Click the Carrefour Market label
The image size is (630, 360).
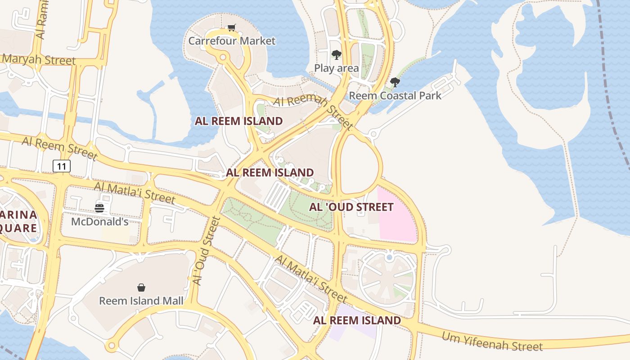pos(232,41)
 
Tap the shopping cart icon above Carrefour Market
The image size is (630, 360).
pos(232,28)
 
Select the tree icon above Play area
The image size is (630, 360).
pos(336,55)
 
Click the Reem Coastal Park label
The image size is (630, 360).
pos(395,95)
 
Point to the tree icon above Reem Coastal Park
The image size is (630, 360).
pos(395,82)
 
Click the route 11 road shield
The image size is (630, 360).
pos(62,166)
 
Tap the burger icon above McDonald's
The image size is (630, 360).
pos(99,208)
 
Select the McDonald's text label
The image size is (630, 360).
pos(99,222)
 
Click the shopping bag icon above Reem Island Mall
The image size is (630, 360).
pos(141,288)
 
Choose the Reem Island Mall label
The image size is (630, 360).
pos(141,301)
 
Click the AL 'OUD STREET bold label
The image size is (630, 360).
pos(351,207)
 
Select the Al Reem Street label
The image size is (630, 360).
pos(59,148)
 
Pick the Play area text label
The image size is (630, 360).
pos(336,68)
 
